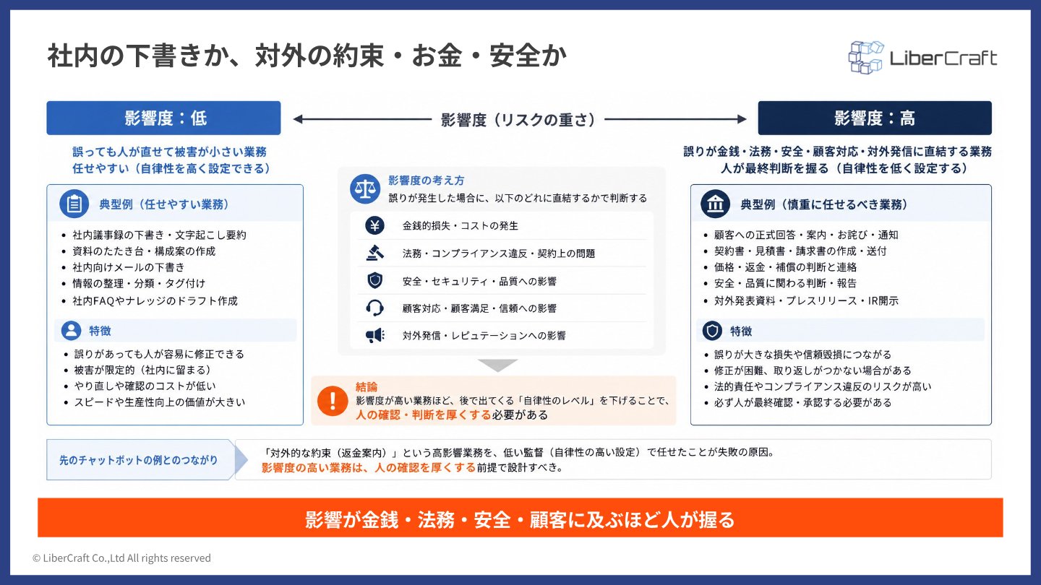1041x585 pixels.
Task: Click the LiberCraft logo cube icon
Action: pos(865,58)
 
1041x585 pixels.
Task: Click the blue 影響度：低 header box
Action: pos(163,118)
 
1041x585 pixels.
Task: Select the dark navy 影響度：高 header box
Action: pos(875,118)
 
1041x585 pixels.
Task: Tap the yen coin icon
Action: pos(374,225)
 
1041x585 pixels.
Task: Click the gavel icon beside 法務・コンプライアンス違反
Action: pos(374,253)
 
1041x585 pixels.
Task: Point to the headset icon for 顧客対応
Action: pos(374,308)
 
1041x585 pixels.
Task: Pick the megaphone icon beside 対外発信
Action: pos(374,335)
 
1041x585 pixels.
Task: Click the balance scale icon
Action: pos(365,189)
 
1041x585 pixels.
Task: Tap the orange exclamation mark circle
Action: pos(333,401)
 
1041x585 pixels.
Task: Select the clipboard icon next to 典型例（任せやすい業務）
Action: pos(74,204)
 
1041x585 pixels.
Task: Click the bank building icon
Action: pos(715,204)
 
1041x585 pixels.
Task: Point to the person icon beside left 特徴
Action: pos(71,331)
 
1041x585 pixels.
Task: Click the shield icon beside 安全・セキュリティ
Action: pos(374,280)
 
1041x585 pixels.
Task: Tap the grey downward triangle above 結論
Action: pos(497,365)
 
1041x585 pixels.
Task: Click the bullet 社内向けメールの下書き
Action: pos(128,267)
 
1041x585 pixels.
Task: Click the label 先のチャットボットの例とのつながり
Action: pos(139,460)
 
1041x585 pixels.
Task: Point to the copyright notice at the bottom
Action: pos(121,558)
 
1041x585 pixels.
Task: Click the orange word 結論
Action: pos(367,386)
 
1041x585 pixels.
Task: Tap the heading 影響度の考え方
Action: pos(427,181)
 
